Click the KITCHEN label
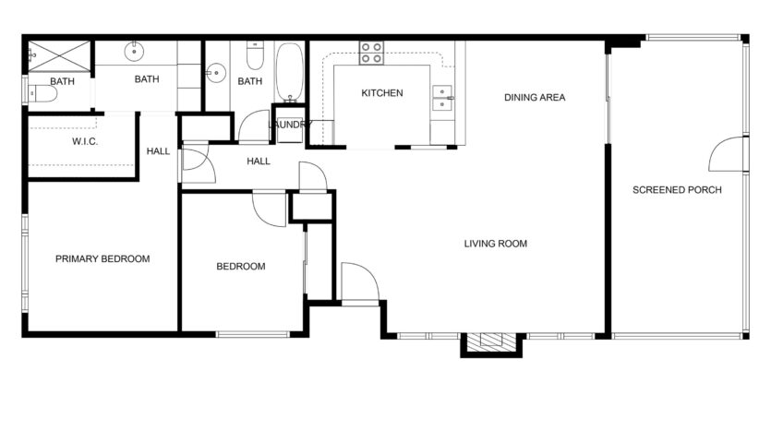coord(382,93)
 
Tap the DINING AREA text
coord(535,97)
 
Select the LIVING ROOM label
coord(496,244)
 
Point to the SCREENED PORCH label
coord(677,190)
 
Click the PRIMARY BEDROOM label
coord(102,258)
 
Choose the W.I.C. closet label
coord(85,141)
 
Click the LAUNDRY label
coord(290,125)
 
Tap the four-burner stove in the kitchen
coord(371,54)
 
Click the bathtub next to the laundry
coord(290,73)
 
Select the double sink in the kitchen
coord(442,98)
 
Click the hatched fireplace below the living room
coord(491,342)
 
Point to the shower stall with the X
coord(59,56)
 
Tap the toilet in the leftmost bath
coord(42,94)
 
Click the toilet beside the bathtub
coord(255,55)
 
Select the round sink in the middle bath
coord(134,51)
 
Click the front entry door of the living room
coord(360,281)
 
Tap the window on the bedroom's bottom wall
coord(253,335)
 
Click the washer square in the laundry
coord(290,130)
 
